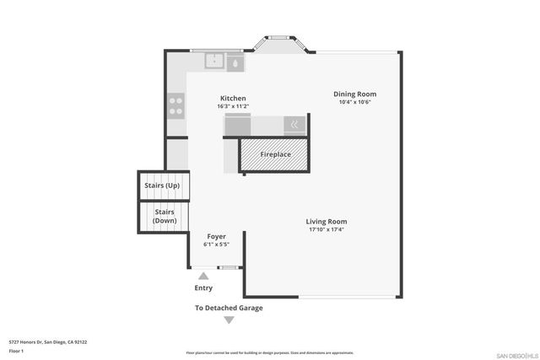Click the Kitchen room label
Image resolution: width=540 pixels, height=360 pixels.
click(234, 98)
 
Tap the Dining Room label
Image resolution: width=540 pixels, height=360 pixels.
click(354, 94)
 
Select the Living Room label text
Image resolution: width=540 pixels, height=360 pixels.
click(327, 221)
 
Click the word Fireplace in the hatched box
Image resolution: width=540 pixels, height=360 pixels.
click(275, 155)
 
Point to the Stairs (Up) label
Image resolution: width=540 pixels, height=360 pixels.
click(162, 184)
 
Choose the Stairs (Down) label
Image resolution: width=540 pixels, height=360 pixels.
click(164, 216)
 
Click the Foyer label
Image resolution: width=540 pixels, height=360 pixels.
click(217, 236)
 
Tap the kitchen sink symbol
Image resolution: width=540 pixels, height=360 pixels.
click(214, 62)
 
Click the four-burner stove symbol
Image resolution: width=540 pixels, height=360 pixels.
click(176, 105)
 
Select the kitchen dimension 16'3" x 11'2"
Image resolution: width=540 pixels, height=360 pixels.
click(234, 106)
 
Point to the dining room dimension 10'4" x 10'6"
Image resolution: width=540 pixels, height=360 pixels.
click(354, 102)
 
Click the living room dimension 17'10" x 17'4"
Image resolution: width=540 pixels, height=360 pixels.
click(327, 229)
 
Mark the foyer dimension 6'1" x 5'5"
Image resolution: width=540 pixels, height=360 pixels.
click(217, 244)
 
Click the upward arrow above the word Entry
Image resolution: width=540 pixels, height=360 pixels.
click(202, 275)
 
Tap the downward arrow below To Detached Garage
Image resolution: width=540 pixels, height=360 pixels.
click(229, 320)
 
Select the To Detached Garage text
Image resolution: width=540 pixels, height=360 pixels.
click(229, 308)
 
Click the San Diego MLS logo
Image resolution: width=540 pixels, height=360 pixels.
click(515, 353)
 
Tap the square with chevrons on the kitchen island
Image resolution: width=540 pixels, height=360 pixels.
click(294, 123)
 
